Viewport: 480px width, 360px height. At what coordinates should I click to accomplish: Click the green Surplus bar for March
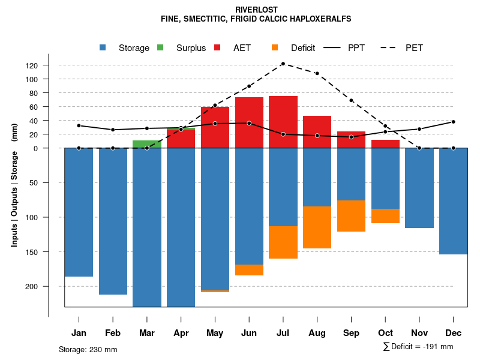tap(147, 144)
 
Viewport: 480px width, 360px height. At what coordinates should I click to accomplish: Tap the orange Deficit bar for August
tap(317, 227)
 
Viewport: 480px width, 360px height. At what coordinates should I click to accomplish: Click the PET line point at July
tap(283, 64)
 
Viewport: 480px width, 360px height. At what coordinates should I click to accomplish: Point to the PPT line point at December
tap(454, 122)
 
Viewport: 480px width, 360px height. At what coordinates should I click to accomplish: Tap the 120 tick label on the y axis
tap(49, 65)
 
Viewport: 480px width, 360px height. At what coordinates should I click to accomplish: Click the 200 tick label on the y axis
tap(49, 286)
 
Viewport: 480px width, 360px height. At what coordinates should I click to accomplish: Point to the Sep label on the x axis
tap(352, 333)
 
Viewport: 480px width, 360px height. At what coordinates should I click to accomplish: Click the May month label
tap(215, 333)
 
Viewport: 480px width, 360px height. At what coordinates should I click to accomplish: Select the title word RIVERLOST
tap(256, 10)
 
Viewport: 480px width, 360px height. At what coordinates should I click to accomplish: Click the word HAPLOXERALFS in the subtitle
tap(319, 19)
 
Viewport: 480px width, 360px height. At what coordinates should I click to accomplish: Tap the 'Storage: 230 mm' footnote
tap(88, 349)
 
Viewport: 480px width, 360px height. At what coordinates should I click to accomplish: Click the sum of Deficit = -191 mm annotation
tap(418, 347)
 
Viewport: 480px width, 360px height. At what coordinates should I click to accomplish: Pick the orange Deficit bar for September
tap(352, 215)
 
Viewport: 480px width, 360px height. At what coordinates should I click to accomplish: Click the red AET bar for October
tap(386, 144)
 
